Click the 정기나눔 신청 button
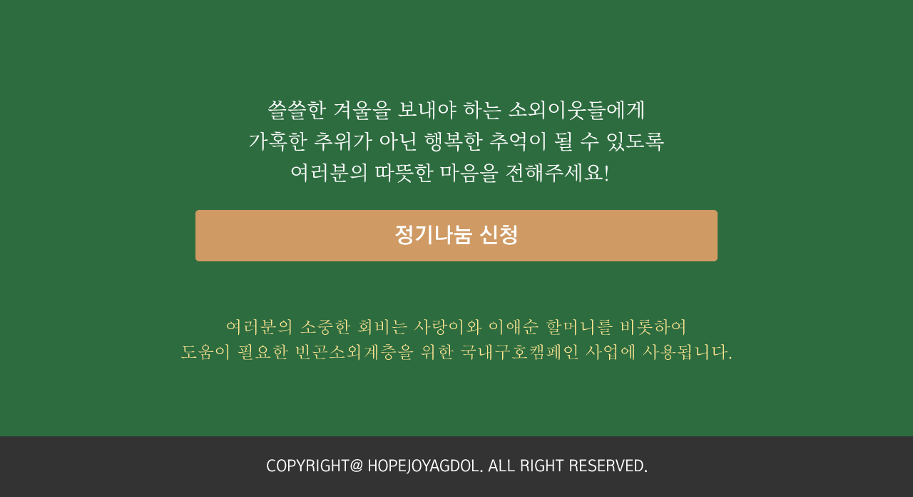[456, 236]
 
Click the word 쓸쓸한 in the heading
[296, 110]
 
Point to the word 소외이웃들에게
[576, 110]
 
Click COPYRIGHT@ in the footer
[315, 466]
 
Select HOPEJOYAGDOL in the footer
[425, 466]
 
